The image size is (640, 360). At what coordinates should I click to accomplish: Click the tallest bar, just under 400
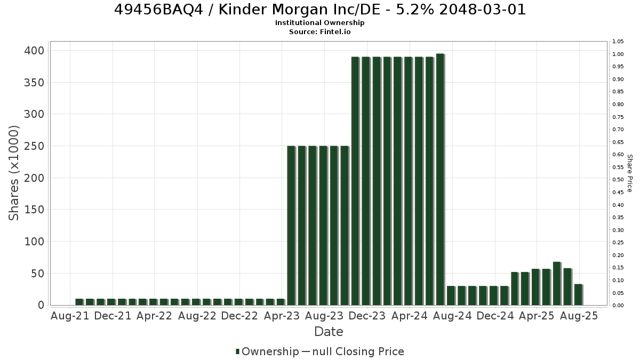(441, 179)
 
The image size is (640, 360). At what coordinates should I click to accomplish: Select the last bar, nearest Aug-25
(579, 294)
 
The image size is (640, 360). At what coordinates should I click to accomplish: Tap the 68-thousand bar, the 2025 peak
(557, 283)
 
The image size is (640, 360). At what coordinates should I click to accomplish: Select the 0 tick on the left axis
(42, 305)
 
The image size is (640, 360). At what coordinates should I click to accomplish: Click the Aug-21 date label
(70, 316)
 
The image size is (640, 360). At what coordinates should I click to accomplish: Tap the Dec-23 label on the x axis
(367, 316)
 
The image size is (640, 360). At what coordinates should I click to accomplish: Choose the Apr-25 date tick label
(537, 316)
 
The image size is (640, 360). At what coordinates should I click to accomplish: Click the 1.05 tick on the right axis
(618, 42)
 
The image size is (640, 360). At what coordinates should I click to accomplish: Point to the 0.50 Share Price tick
(618, 180)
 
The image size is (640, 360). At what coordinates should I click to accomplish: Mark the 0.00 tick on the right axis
(618, 306)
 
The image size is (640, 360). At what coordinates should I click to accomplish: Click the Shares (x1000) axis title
(13, 173)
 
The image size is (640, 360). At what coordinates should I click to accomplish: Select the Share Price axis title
(630, 173)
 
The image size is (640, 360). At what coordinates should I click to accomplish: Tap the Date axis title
(329, 332)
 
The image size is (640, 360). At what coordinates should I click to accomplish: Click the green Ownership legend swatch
(237, 351)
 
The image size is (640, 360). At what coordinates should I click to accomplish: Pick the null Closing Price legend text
(358, 351)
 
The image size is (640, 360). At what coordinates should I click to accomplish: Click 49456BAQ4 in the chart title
(158, 10)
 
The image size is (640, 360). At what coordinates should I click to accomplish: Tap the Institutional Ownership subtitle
(319, 23)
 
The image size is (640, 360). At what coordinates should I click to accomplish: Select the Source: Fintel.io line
(319, 31)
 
